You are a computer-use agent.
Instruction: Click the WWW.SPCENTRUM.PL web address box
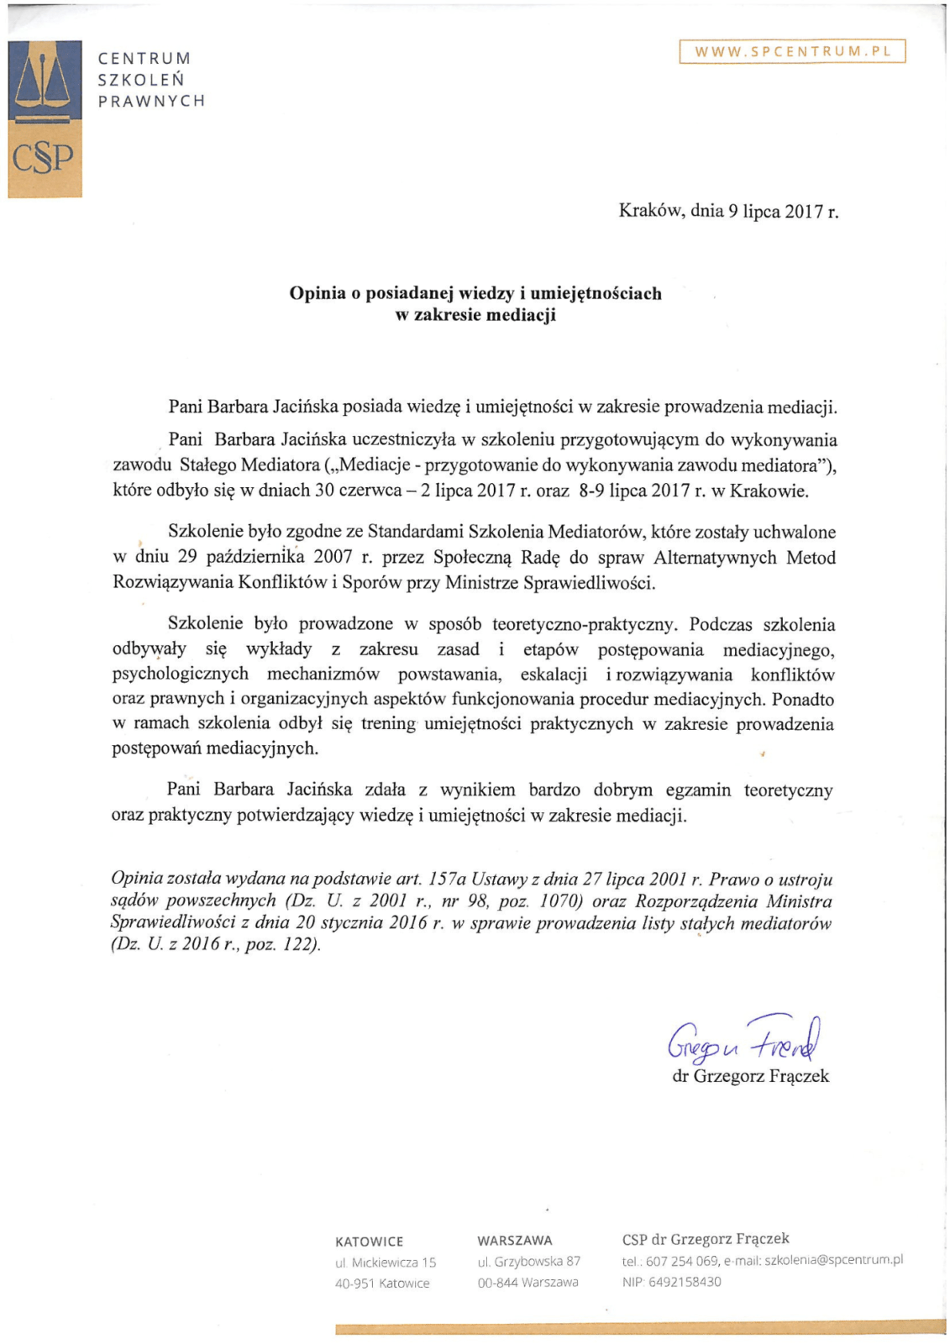tap(792, 51)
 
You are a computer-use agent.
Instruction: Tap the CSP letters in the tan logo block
tap(42, 158)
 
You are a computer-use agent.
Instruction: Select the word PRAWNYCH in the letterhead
tap(151, 101)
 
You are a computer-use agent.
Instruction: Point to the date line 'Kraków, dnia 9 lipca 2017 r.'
tap(728, 211)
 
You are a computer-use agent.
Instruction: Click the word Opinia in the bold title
tap(318, 293)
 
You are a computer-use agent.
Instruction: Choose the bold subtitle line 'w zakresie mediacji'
tap(475, 315)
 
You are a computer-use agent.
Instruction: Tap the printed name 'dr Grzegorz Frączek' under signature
tap(750, 1076)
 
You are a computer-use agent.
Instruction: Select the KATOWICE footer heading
tap(369, 1242)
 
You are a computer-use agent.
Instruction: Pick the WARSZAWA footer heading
tap(515, 1241)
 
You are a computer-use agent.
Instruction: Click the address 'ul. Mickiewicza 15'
tap(386, 1263)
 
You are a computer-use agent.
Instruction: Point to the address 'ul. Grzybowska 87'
tap(529, 1262)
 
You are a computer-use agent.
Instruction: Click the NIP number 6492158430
tap(685, 1282)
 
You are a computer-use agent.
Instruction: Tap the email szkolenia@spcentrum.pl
tap(833, 1260)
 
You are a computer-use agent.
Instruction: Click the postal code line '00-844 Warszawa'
tap(528, 1283)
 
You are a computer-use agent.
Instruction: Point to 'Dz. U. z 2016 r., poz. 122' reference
tap(216, 944)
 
